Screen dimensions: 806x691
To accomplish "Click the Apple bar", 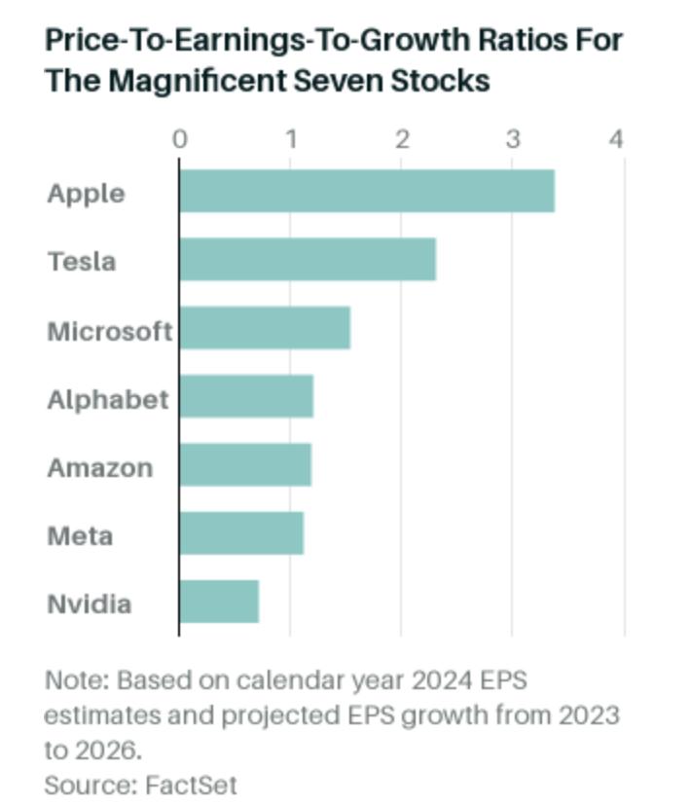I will coord(367,191).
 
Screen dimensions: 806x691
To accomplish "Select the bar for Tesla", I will coord(308,259).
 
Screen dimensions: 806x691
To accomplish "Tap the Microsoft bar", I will coord(265,328).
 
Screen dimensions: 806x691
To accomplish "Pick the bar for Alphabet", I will coord(246,396).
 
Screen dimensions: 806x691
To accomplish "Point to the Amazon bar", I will coord(245,464).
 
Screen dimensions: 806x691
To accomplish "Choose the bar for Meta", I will coord(241,533).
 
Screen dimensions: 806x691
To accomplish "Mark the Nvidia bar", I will coord(219,602).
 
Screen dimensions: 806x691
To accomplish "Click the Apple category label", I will coord(86,193).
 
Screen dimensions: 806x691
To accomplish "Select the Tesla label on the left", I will coord(82,261).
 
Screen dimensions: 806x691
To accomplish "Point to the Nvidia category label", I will coord(89,604).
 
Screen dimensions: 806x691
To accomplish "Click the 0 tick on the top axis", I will coord(180,139).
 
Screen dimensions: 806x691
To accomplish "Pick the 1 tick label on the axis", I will coord(291,139).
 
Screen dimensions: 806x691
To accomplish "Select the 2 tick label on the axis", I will coord(402,139).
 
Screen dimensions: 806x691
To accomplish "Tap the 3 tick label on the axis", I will coord(513,139).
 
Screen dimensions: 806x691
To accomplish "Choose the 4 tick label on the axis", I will coord(616,139).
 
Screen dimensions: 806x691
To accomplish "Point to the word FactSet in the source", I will coord(191,785).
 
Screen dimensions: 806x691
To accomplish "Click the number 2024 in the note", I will coord(439,679).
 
